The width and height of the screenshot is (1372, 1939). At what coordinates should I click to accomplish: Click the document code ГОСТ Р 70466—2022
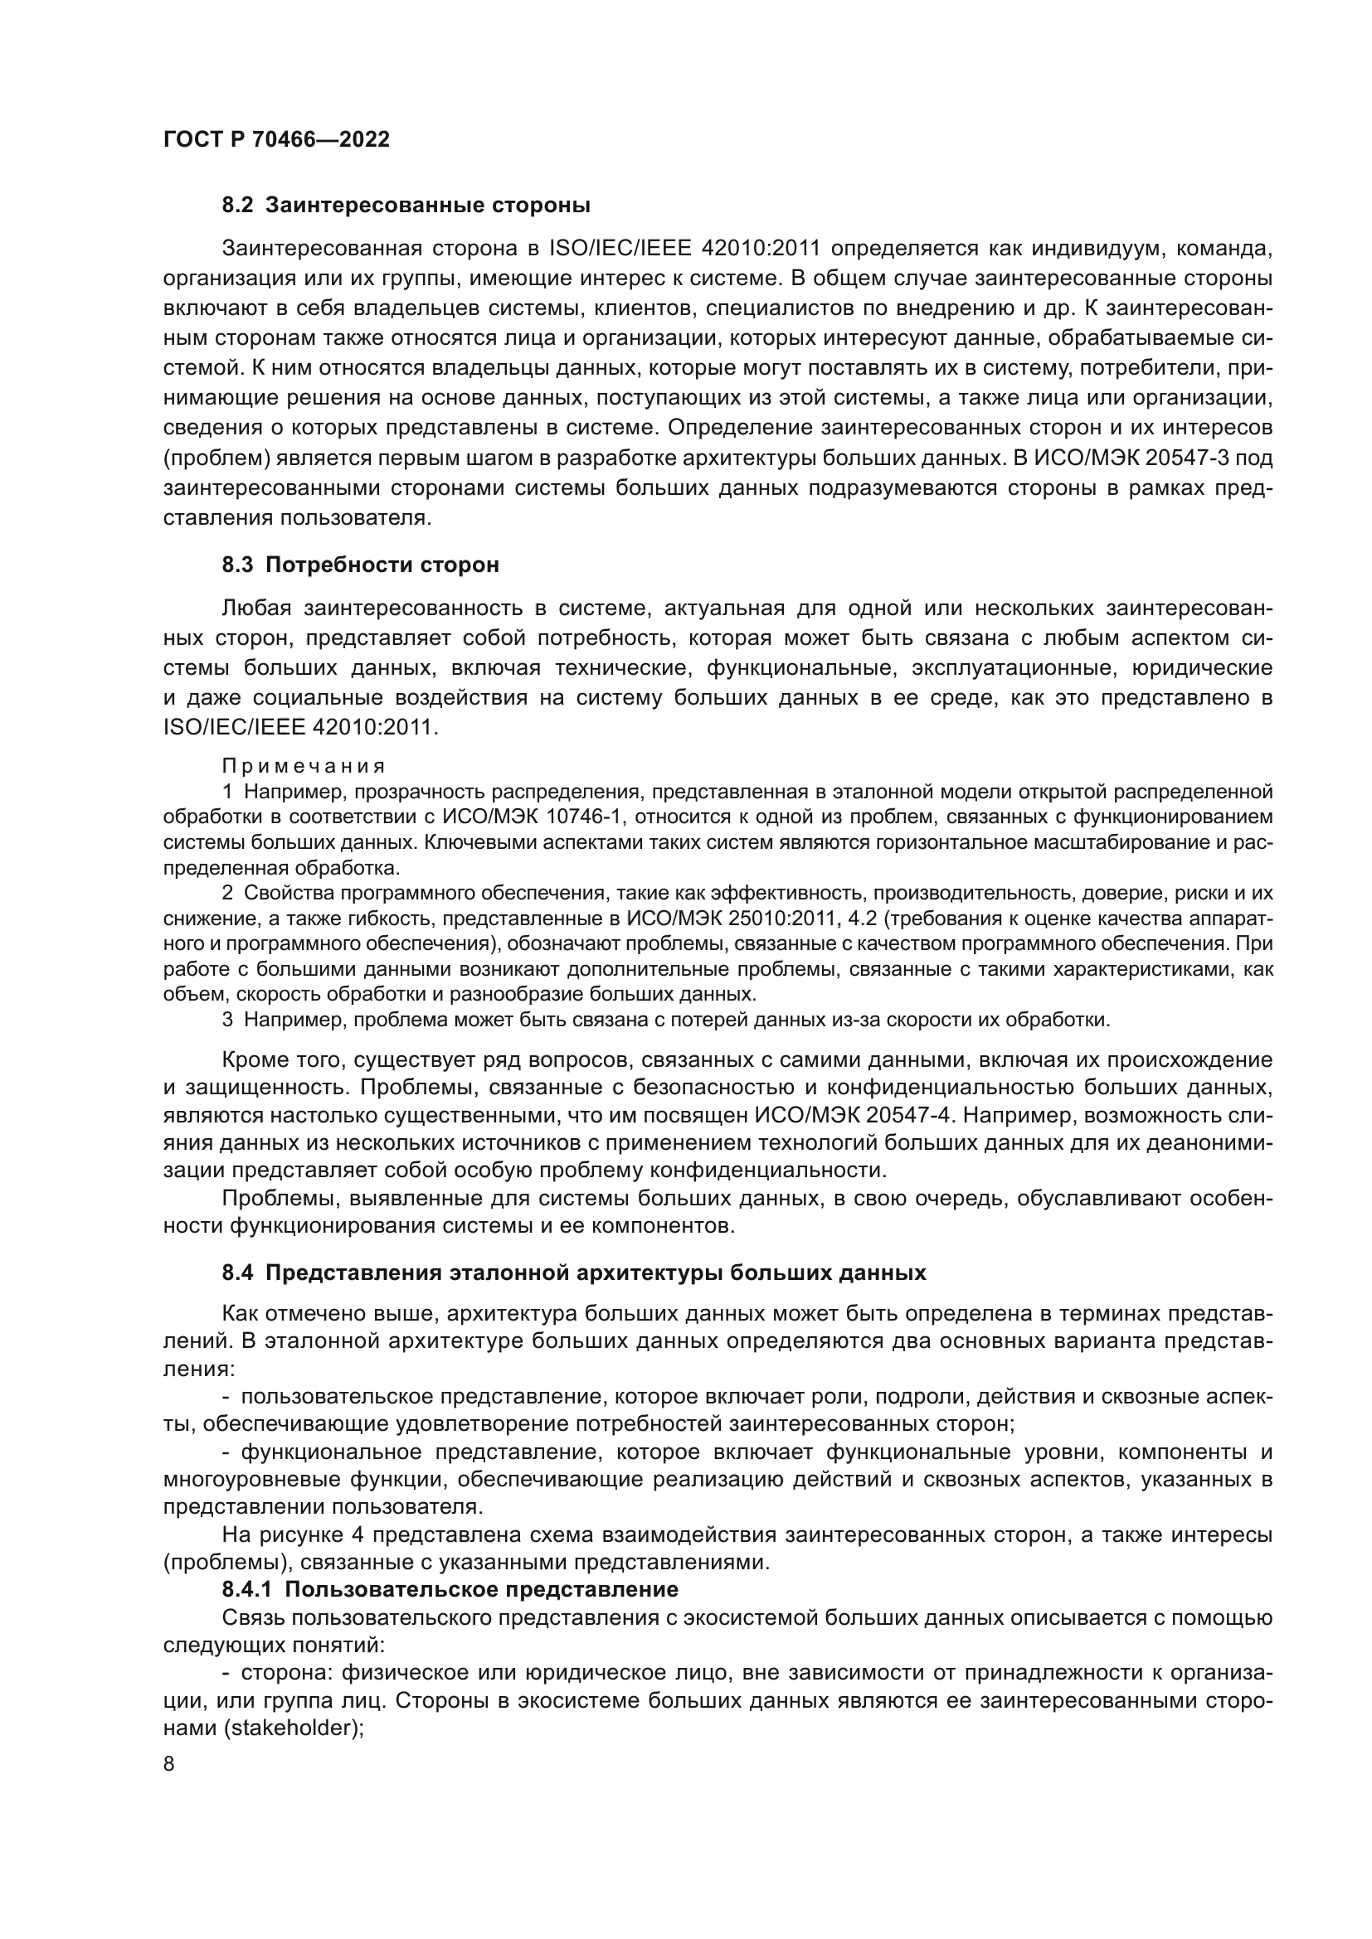[x=276, y=140]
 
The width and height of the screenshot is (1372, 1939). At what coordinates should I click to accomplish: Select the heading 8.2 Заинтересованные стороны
[x=406, y=206]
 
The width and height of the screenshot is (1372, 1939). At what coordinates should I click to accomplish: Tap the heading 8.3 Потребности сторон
[x=360, y=565]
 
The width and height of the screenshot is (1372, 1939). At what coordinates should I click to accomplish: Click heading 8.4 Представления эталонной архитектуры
[x=574, y=1272]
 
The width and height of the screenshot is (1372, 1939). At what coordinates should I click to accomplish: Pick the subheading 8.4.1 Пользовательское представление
[x=450, y=1589]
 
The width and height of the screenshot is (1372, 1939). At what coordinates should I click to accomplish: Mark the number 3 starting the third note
[x=227, y=1020]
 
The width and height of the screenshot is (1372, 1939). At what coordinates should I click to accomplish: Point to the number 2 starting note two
[x=227, y=893]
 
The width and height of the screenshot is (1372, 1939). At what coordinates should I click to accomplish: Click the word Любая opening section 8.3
[x=256, y=608]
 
